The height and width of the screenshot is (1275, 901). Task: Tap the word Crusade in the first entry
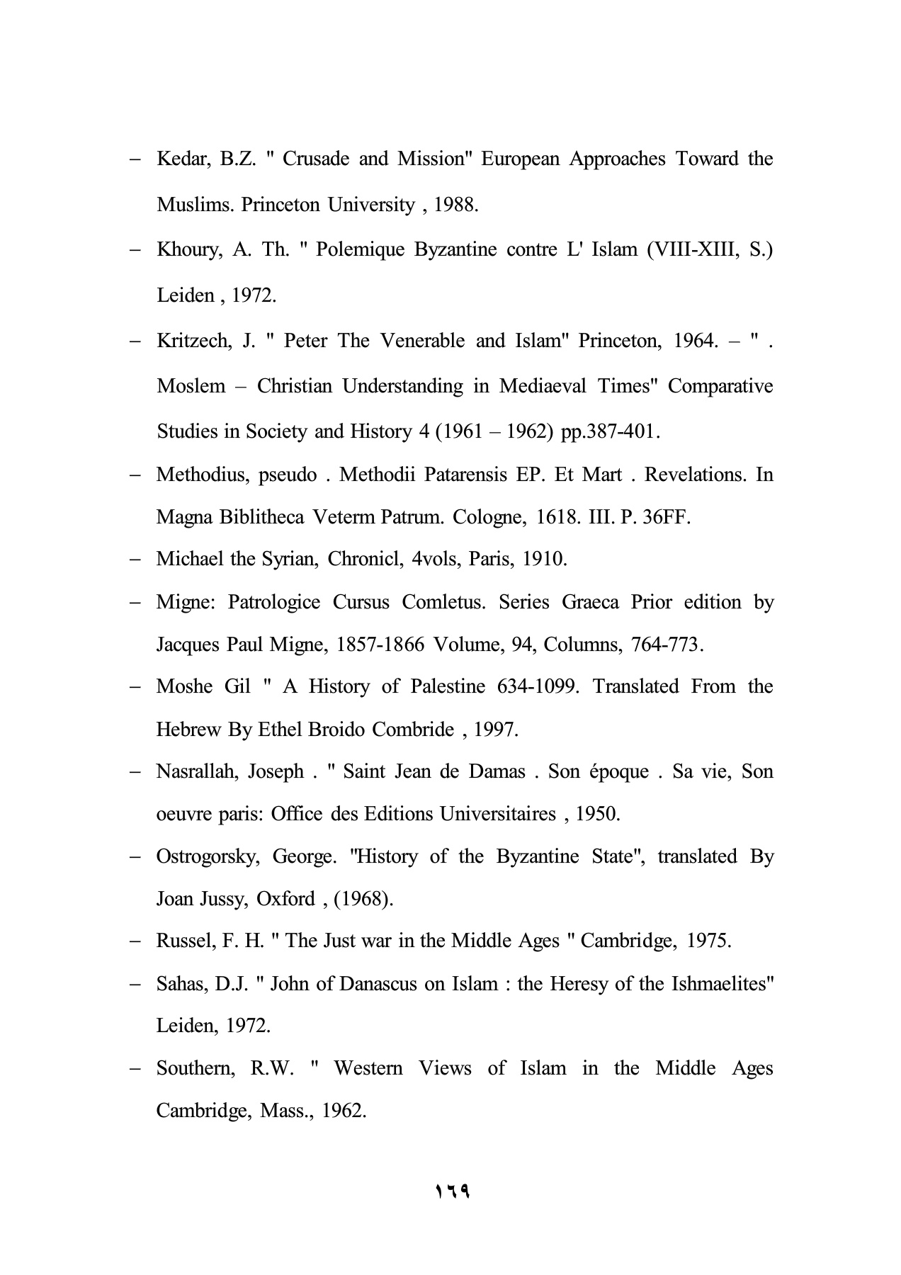[315, 159]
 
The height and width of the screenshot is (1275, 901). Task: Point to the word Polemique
[362, 250]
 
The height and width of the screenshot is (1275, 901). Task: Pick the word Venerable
[422, 341]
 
